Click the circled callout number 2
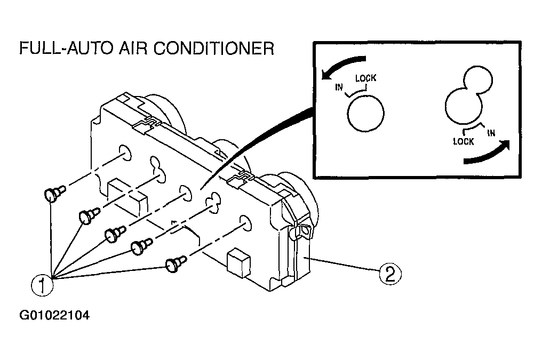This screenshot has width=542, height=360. (x=389, y=275)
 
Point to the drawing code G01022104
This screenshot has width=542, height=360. (x=54, y=315)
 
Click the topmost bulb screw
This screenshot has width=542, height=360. (x=53, y=194)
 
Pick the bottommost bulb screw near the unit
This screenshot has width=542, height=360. (x=175, y=264)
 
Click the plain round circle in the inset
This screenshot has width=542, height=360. (x=365, y=114)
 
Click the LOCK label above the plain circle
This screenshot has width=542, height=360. (x=366, y=78)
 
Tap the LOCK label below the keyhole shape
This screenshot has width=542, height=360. (x=463, y=142)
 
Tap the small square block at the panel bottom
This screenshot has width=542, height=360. (x=237, y=263)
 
